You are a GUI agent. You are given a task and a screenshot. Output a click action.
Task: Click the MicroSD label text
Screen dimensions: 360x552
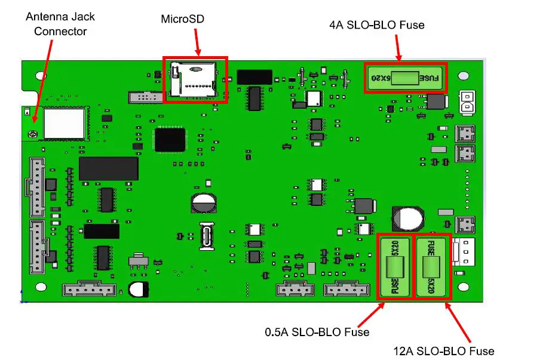coord(182,19)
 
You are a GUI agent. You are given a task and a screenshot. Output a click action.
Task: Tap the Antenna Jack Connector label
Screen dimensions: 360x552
coord(60,23)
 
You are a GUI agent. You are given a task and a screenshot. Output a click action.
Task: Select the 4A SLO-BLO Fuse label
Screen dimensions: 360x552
coord(376,25)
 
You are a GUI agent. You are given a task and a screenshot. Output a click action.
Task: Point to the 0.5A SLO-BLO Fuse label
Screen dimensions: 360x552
coord(317,331)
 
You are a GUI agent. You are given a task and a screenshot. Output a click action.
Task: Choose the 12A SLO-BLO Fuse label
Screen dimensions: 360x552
coord(444,351)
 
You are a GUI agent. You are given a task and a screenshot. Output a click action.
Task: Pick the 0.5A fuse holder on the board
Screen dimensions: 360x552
coord(394,267)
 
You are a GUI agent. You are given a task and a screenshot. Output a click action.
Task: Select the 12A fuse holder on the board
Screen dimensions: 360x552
coord(431,267)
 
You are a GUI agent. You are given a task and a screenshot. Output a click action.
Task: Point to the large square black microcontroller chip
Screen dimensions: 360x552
coord(170,139)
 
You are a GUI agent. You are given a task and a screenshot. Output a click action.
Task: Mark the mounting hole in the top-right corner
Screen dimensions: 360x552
coord(463,77)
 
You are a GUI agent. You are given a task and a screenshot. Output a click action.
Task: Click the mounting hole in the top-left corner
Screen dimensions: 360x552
coord(40,76)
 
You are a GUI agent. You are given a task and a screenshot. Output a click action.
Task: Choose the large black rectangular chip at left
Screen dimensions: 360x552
coord(109,169)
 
